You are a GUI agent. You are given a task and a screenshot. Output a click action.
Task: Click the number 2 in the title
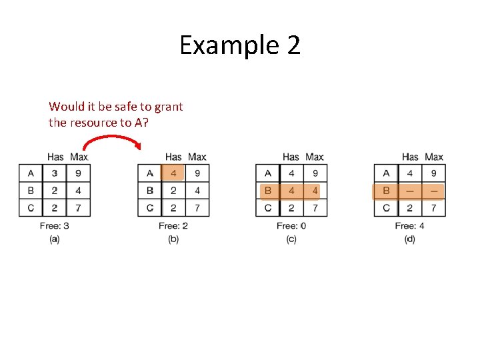click(293, 45)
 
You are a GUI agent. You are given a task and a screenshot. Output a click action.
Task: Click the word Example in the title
click(224, 46)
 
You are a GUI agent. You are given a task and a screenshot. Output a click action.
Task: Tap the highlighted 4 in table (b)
click(173, 173)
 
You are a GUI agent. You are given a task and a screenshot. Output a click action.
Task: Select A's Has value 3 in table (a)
click(55, 173)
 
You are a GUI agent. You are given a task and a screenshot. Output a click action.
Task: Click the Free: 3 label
click(54, 225)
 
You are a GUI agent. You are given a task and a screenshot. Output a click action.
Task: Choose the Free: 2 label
click(173, 225)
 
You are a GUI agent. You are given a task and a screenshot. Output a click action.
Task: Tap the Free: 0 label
click(291, 225)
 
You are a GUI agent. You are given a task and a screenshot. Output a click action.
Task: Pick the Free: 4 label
click(409, 225)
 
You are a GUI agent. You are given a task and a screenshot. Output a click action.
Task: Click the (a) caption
click(54, 239)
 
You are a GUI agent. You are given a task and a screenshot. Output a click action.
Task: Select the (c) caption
click(291, 239)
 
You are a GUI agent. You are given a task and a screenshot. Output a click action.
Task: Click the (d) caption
click(409, 239)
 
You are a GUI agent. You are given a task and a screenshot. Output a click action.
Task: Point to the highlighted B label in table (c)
click(267, 191)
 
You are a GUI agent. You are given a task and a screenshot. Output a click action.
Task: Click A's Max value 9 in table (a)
click(79, 173)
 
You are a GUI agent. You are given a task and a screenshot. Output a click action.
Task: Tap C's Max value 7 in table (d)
click(433, 208)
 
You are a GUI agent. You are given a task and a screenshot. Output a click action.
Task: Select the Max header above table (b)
click(197, 157)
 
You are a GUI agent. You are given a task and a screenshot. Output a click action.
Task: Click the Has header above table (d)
click(410, 157)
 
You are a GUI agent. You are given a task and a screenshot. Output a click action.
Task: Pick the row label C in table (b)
click(149, 208)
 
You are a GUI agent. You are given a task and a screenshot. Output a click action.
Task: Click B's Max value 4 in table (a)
click(79, 191)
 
